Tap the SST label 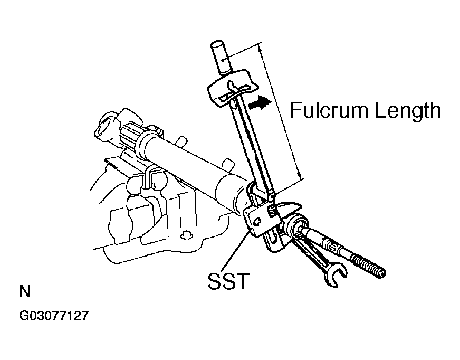[228, 281]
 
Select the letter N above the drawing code [24, 291]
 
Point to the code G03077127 [54, 316]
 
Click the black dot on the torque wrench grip [224, 60]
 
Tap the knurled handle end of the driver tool [368, 265]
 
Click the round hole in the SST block [257, 221]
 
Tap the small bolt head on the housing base [185, 235]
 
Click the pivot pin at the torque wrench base [271, 196]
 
